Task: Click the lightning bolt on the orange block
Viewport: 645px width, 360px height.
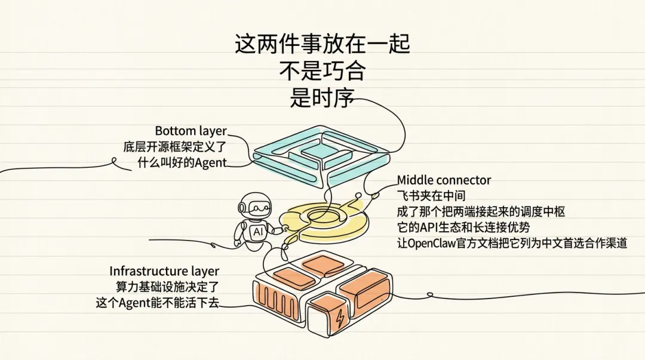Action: pos(340,319)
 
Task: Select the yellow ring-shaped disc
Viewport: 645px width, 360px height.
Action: pos(325,221)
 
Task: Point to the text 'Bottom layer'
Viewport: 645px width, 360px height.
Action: pos(191,131)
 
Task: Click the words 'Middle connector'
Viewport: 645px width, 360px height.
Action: pos(444,180)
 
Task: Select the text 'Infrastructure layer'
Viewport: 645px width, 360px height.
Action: pos(164,272)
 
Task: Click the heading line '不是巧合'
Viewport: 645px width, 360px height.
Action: pos(322,72)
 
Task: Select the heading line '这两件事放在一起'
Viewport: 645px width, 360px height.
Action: pos(322,45)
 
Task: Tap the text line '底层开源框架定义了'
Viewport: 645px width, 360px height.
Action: pos(176,146)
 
